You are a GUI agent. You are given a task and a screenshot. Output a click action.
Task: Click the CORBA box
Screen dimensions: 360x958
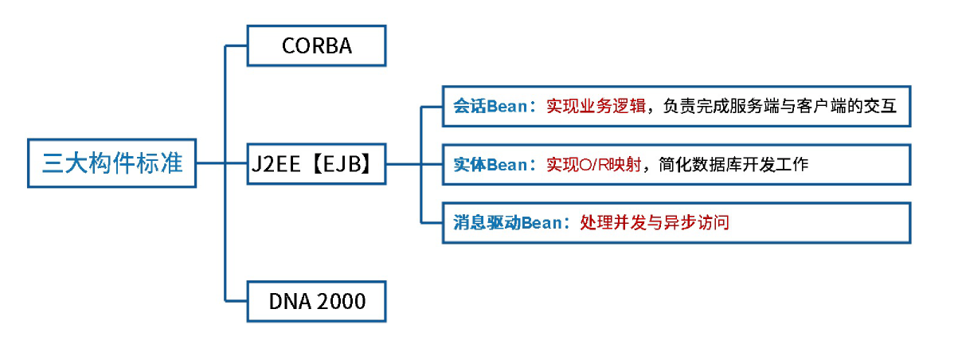[x=316, y=45]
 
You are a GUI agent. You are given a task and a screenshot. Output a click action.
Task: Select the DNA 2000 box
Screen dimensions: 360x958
[x=316, y=301]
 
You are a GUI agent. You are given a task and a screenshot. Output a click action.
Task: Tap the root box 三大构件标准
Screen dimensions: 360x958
[x=111, y=164]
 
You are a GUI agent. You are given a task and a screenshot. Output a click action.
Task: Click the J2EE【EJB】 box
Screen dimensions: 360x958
[x=316, y=164]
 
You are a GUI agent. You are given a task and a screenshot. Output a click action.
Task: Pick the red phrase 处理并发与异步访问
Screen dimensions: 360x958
[x=655, y=223]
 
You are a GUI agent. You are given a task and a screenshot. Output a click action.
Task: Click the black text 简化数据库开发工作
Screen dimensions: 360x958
[x=733, y=165]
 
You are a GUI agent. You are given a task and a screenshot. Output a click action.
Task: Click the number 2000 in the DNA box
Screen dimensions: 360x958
[x=340, y=301]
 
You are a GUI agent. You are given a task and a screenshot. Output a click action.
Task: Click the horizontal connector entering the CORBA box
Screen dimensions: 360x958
[x=237, y=45]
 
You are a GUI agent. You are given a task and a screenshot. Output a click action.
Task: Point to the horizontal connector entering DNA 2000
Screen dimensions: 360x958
[x=237, y=300]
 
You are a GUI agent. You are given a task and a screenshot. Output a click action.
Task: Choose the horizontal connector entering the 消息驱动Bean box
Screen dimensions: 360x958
[x=431, y=223]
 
